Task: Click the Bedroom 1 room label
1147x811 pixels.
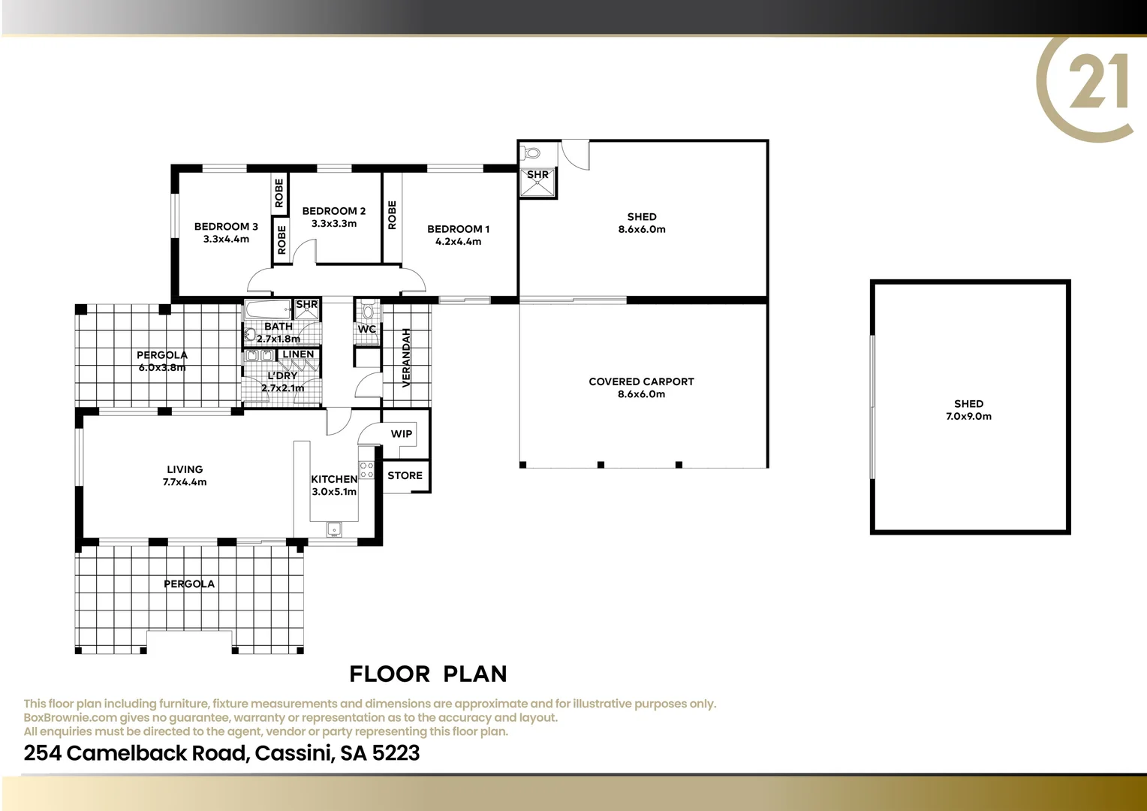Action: point(458,229)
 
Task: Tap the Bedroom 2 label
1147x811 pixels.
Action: point(334,211)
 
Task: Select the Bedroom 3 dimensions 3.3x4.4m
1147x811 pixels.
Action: point(226,240)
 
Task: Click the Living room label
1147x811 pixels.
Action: point(185,469)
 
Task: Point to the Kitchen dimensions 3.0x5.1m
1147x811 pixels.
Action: point(334,492)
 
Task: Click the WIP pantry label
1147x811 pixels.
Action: point(402,434)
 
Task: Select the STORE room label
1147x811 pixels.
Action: point(405,475)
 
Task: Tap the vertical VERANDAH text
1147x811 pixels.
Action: point(407,357)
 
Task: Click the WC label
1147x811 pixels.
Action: point(367,330)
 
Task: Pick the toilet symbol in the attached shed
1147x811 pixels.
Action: point(532,153)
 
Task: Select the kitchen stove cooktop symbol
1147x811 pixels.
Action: point(367,470)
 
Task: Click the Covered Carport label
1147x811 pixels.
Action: point(641,381)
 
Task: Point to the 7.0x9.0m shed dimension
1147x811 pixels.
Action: point(968,417)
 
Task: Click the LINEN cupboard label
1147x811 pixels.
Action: point(298,354)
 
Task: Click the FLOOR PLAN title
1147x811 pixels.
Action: point(428,674)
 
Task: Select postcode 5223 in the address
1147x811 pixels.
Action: point(396,753)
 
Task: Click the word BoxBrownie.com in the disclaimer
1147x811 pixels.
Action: point(71,718)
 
